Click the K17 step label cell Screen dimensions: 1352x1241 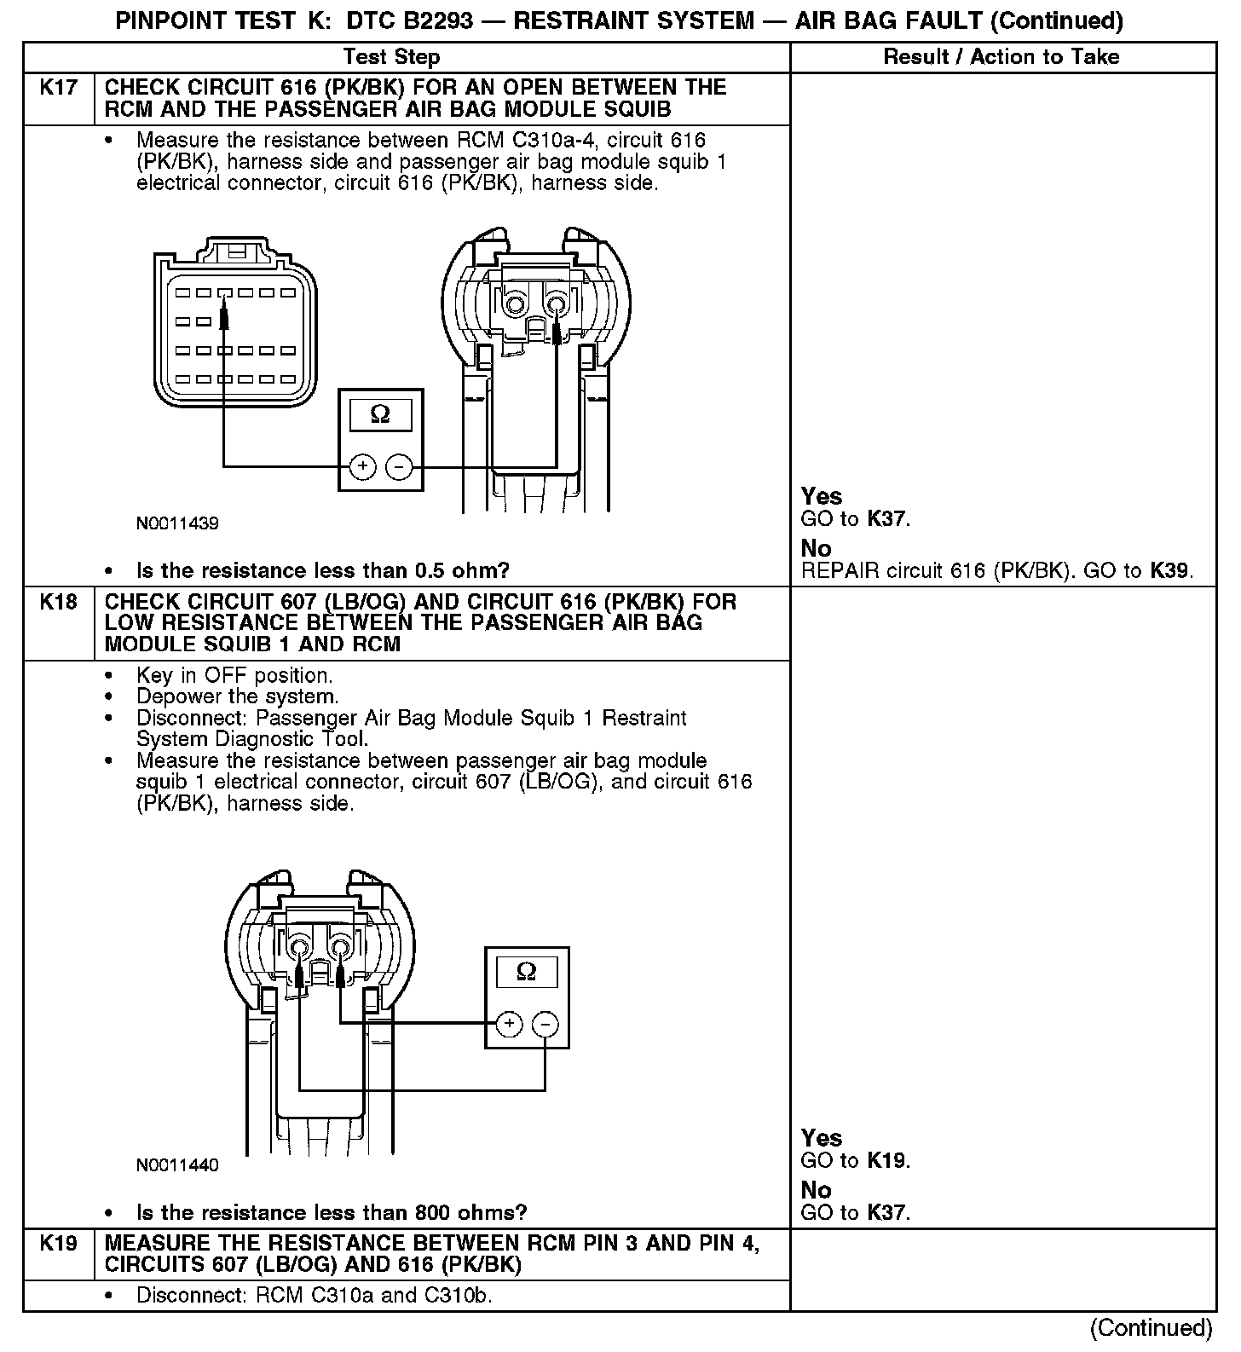(58, 88)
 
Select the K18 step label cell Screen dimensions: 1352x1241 (58, 602)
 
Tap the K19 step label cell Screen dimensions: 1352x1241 (58, 1244)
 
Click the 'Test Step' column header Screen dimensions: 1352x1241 (391, 57)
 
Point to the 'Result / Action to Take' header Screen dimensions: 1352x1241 (1001, 57)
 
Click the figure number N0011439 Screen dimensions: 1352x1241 (177, 523)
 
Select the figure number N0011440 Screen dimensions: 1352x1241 (177, 1165)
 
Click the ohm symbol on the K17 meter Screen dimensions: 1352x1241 (381, 415)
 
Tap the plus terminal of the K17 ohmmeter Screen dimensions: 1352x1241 (363, 466)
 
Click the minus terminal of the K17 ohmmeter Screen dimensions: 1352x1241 (399, 466)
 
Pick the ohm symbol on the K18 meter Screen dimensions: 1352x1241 (527, 972)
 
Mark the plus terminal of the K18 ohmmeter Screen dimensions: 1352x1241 (509, 1023)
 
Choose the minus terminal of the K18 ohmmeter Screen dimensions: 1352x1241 (545, 1023)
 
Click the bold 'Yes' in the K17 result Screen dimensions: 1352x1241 (822, 496)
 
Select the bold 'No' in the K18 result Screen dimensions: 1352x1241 (816, 1190)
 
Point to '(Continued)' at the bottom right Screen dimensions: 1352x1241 (1151, 1327)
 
